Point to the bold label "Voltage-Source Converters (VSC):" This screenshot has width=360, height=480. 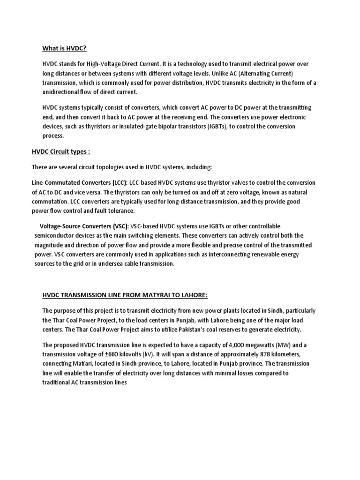pyautogui.click(x=83, y=226)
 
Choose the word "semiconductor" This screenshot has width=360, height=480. pyautogui.click(x=55, y=236)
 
